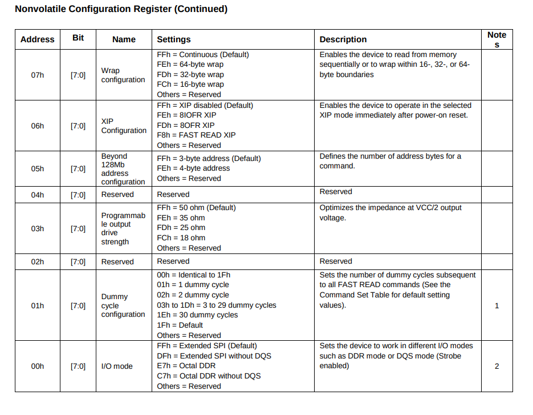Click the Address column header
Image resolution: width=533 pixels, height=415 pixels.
click(37, 39)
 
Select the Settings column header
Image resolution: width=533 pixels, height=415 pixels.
click(174, 39)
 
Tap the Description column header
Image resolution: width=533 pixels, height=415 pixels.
click(343, 39)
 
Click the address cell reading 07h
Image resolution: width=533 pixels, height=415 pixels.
click(38, 75)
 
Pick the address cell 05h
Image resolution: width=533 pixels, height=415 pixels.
click(38, 169)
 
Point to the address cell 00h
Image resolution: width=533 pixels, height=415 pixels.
click(38, 366)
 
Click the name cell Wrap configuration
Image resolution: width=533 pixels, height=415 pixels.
click(123, 75)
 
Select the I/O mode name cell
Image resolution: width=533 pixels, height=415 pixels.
click(117, 366)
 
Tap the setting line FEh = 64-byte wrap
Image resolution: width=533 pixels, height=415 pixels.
click(190, 65)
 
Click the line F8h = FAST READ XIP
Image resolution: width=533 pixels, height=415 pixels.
click(196, 135)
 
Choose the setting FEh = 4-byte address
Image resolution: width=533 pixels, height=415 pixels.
click(193, 168)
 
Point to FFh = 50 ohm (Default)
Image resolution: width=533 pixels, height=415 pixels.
click(196, 207)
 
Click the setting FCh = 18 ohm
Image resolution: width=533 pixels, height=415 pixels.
click(181, 237)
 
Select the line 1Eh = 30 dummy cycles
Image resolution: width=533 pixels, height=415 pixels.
click(197, 315)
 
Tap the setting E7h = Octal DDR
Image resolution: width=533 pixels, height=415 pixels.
click(186, 365)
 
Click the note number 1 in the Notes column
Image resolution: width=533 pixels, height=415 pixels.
click(497, 305)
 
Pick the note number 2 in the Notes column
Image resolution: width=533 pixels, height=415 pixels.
click(497, 366)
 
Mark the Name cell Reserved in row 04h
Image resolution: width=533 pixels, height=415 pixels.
click(117, 194)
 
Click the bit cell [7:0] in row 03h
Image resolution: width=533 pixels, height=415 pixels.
click(78, 228)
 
